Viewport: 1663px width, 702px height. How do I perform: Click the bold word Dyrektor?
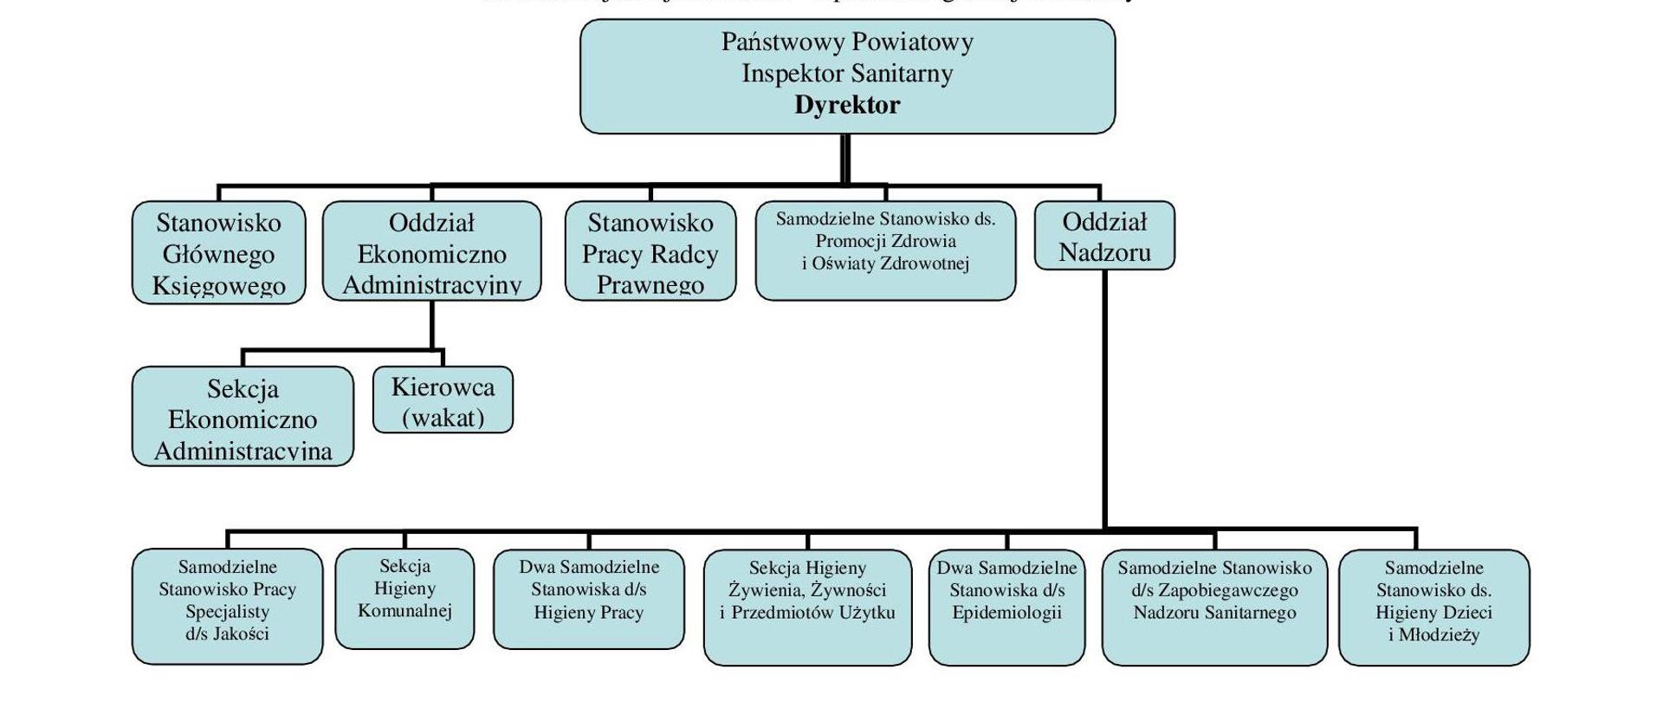click(x=847, y=105)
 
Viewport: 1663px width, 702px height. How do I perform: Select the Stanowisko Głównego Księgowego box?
click(x=218, y=253)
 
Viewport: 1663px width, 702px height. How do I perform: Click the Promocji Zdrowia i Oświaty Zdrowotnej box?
click(x=885, y=251)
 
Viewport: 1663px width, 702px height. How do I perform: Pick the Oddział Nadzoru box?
click(x=1104, y=236)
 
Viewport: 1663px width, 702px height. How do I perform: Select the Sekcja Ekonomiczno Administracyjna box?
click(x=243, y=417)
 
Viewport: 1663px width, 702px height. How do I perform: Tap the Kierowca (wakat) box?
click(x=443, y=400)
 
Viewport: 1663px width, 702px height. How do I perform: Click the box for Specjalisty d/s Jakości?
click(x=227, y=607)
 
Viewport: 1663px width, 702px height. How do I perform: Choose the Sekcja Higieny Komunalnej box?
click(x=404, y=599)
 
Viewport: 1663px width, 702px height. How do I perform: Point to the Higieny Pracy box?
click(x=588, y=599)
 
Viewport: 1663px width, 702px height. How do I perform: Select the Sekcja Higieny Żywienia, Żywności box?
click(x=807, y=607)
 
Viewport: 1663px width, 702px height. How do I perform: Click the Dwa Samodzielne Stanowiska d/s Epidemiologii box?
click(x=1006, y=607)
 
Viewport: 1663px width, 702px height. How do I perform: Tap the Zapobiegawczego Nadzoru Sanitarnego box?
click(x=1214, y=607)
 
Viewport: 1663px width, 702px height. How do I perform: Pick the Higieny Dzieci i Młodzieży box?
click(x=1433, y=607)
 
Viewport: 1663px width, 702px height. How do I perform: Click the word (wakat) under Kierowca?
click(x=443, y=418)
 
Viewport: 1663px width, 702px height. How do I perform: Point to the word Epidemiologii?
click(x=1006, y=613)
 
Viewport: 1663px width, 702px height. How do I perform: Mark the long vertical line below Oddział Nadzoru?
click(x=1104, y=399)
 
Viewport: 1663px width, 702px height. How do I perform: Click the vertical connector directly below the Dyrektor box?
click(x=845, y=159)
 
